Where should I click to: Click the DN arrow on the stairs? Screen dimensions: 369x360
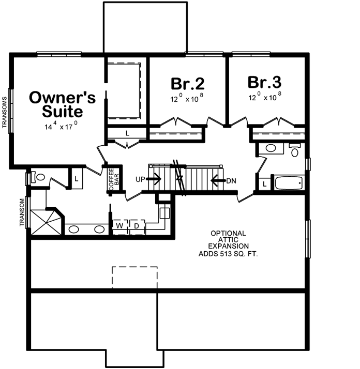pos(219,181)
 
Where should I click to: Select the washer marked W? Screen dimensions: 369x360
pos(119,226)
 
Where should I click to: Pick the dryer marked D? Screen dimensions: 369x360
pos(137,226)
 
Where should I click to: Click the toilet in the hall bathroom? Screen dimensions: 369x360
pos(295,150)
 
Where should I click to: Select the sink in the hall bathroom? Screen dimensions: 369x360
pos(271,149)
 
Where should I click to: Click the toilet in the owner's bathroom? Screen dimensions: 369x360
pos(38,177)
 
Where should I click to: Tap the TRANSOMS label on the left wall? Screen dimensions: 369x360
pos(5,114)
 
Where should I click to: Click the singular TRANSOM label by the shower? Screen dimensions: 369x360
pos(22,213)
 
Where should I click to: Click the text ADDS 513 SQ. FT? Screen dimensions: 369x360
pos(228,254)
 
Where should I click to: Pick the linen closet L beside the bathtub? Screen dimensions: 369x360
pos(264,184)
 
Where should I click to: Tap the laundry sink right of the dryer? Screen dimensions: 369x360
pos(164,212)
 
